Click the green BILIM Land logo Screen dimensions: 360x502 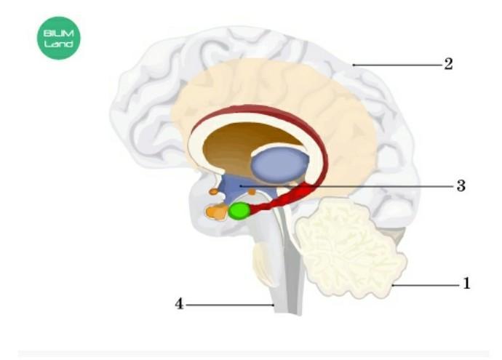(59, 38)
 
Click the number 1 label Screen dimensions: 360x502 (466, 284)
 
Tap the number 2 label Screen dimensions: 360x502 (449, 64)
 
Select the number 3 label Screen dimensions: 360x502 (461, 185)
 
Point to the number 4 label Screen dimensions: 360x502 (178, 304)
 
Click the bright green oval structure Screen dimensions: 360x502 (239, 211)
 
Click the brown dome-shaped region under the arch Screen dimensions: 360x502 (233, 145)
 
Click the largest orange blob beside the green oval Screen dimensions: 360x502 (216, 212)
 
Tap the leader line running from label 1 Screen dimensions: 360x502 (426, 285)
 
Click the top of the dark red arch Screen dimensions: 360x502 (255, 111)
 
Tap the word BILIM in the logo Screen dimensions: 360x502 (59, 33)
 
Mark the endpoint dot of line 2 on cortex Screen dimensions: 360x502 (354, 65)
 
